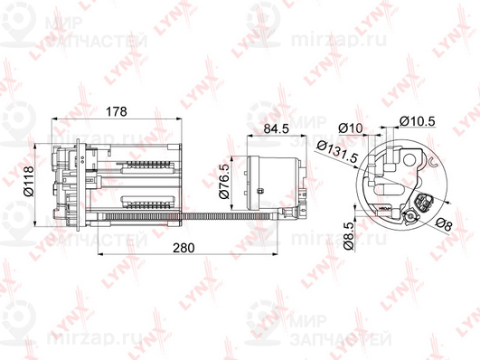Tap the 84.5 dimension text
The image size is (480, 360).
(275, 128)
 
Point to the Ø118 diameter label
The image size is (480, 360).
(28, 182)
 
